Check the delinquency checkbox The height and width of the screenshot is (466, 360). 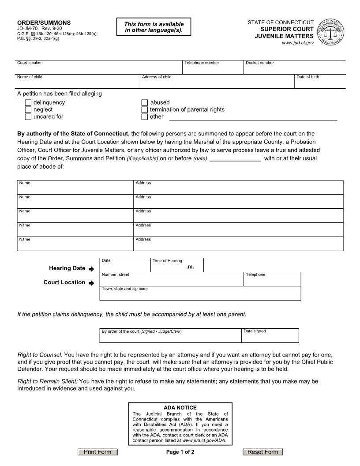pyautogui.click(x=28, y=103)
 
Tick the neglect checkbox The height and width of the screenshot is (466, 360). pyautogui.click(x=28, y=110)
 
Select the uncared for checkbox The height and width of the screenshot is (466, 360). pyautogui.click(x=28, y=117)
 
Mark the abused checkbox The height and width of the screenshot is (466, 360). pyautogui.click(x=145, y=103)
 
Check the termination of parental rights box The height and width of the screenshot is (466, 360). pyautogui.click(x=145, y=110)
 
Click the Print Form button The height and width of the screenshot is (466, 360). pyautogui.click(x=97, y=452)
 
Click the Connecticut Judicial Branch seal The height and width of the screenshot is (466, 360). pyautogui.click(x=331, y=33)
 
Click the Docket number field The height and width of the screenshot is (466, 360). pyautogui.click(x=294, y=69)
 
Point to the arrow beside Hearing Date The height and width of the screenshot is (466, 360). pyautogui.click(x=91, y=269)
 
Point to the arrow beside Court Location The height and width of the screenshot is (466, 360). pyautogui.click(x=91, y=283)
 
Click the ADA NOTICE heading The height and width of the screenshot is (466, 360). pyautogui.click(x=180, y=408)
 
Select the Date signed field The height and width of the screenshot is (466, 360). pyautogui.click(x=270, y=338)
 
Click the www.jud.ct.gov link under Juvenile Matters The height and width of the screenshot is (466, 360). pyautogui.click(x=298, y=43)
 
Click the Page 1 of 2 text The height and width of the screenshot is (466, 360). pyautogui.click(x=180, y=452)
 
